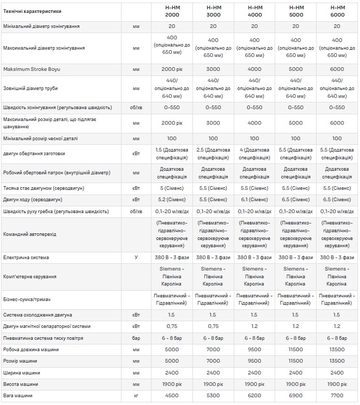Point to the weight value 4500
pos(172,396)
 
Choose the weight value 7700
pos(337,396)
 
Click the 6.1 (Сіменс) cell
pos(254,199)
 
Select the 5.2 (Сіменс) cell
pos(172,199)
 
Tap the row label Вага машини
pos(18,396)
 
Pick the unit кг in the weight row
pos(136,396)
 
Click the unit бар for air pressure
pos(136,338)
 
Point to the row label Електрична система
pos(26,257)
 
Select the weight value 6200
pos(254,396)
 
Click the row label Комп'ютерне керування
pos(30,277)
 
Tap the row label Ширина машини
pos(22,372)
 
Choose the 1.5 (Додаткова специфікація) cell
pos(172,153)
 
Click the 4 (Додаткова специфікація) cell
pos(254,153)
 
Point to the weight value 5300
pos(213,396)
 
